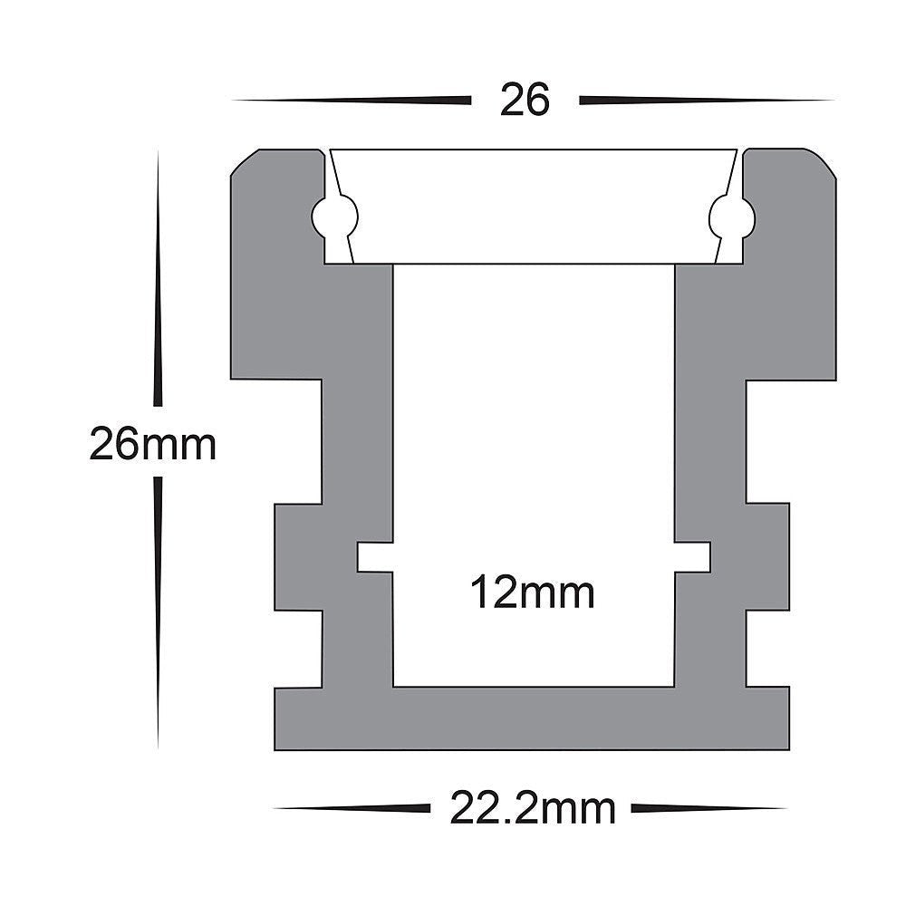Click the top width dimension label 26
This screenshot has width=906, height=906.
525,101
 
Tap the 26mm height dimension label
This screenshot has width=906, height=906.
152,446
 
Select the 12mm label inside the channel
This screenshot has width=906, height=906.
533,594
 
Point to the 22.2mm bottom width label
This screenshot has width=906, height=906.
533,807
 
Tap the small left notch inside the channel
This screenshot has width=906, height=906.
374,556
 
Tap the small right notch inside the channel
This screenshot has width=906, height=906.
693,556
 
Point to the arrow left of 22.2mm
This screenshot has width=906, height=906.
353,807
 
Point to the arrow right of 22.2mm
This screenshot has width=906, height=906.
707,807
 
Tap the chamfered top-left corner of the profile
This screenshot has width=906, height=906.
245,163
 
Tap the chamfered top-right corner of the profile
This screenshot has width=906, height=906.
820,163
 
